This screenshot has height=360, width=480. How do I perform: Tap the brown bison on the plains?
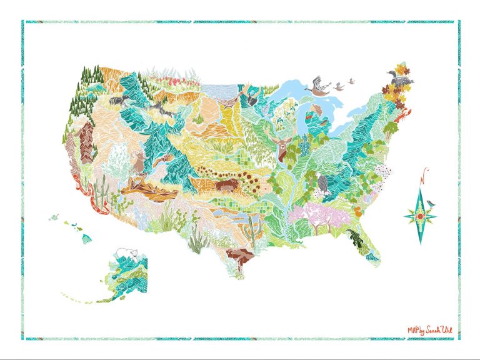point(224,186)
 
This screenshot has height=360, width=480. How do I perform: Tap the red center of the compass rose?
point(419,216)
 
